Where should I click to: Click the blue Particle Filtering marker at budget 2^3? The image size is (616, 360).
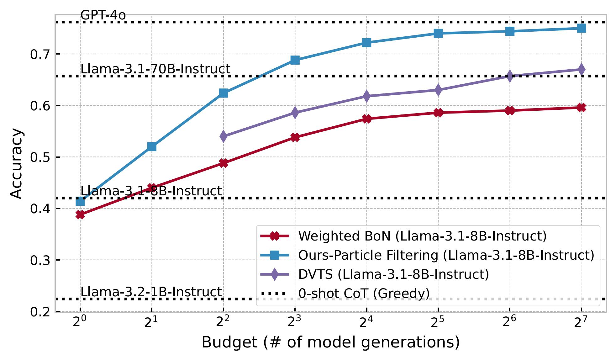295,60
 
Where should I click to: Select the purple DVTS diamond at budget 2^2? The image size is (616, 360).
223,136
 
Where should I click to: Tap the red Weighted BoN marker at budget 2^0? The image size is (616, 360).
80,215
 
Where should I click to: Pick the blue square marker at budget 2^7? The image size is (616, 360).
581,28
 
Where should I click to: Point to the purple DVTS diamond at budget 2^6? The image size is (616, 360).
510,76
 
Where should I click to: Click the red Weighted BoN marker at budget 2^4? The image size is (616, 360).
366,119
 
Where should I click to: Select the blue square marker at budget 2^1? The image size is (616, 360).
152,146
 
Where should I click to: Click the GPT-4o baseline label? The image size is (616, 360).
103,15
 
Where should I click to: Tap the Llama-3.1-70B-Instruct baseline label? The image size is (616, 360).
155,69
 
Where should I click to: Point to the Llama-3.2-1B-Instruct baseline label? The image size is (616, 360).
151,292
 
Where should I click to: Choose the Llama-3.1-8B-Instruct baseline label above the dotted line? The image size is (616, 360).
151,191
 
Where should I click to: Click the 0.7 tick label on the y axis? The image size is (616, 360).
40,55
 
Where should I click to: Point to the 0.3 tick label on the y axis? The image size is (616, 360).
40,261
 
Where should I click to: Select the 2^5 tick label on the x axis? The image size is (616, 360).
438,322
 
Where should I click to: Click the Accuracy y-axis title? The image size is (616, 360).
16,164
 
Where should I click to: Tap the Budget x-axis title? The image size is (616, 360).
330,343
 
